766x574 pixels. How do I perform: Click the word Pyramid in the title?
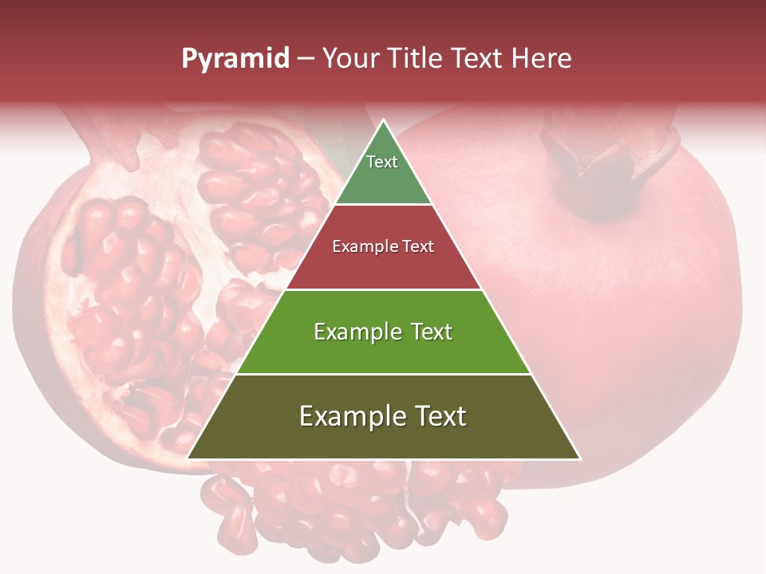pos(235,59)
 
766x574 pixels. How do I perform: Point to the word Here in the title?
pos(540,58)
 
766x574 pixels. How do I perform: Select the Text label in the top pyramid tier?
pos(382,162)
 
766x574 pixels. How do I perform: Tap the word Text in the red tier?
pos(418,246)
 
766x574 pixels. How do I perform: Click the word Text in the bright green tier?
pos(431,332)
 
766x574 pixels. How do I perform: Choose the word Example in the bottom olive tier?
pos(351,416)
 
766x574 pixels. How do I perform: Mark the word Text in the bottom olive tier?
pos(440,416)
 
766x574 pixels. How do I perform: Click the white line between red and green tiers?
pos(384,289)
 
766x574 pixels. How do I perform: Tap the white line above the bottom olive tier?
pos(384,374)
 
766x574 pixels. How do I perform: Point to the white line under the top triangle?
pos(384,205)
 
